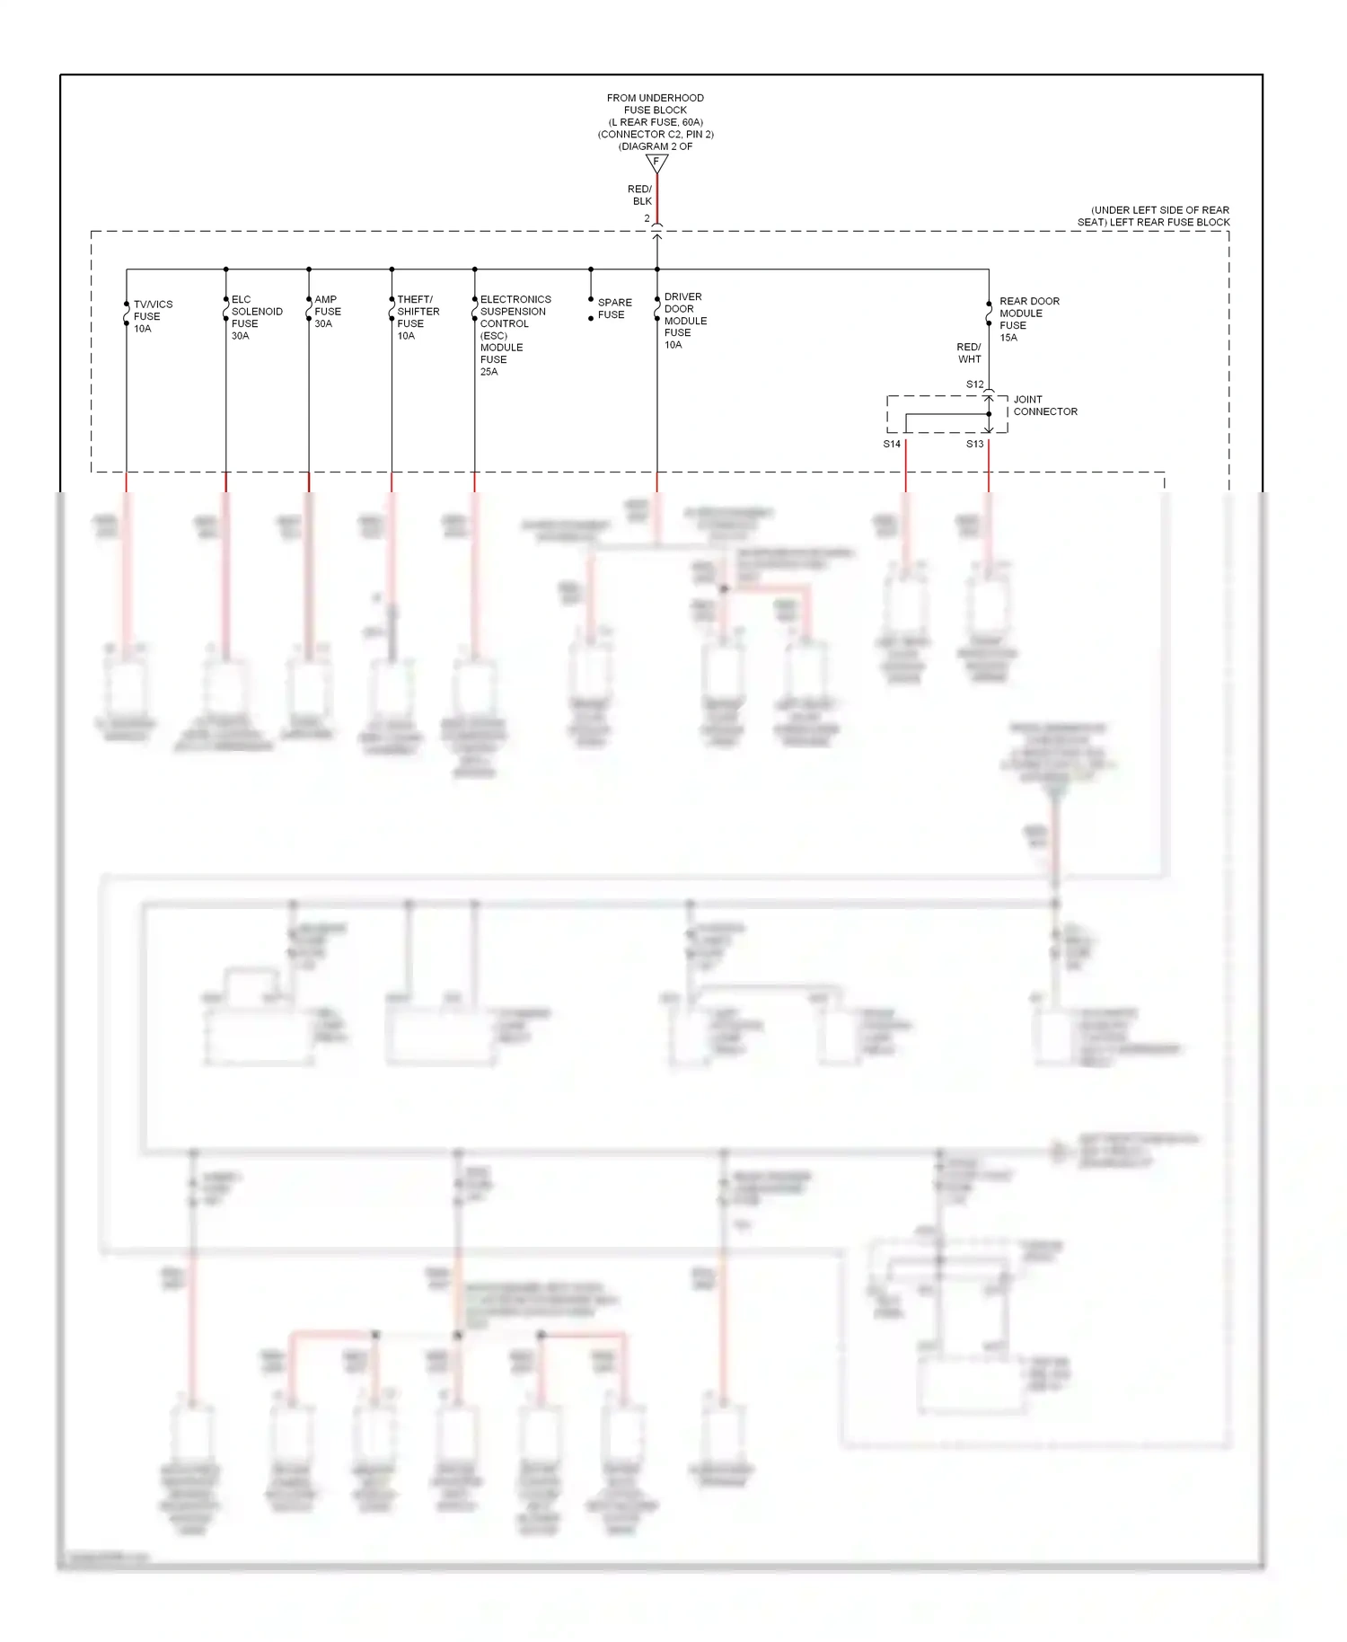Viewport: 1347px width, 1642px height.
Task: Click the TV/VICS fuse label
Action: point(153,316)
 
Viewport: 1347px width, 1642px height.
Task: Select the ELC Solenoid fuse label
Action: point(256,317)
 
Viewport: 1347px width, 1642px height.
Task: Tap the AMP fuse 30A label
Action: point(327,312)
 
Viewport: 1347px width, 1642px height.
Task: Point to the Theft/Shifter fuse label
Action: point(418,317)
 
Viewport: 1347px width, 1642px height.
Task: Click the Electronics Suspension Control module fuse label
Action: point(515,335)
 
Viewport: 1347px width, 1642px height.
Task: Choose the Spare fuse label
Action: point(614,308)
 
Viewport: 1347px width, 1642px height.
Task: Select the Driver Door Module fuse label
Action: point(684,321)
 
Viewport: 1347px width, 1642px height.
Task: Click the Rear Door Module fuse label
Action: point(1028,319)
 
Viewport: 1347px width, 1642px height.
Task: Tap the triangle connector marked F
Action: point(656,163)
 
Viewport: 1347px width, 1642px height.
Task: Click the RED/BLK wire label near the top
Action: point(640,195)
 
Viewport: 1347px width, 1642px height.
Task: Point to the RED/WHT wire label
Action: point(969,353)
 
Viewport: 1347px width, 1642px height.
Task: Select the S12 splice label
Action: point(974,384)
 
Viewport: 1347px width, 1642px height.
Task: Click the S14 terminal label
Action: point(892,444)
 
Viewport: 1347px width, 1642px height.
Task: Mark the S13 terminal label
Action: point(974,444)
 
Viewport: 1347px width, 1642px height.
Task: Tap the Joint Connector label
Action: point(1044,405)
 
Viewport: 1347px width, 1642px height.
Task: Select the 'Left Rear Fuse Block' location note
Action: point(1154,216)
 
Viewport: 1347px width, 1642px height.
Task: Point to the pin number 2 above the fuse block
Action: point(647,218)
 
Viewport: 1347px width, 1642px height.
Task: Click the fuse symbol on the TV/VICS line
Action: point(127,313)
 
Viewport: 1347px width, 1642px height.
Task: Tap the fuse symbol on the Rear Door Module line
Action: point(989,313)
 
